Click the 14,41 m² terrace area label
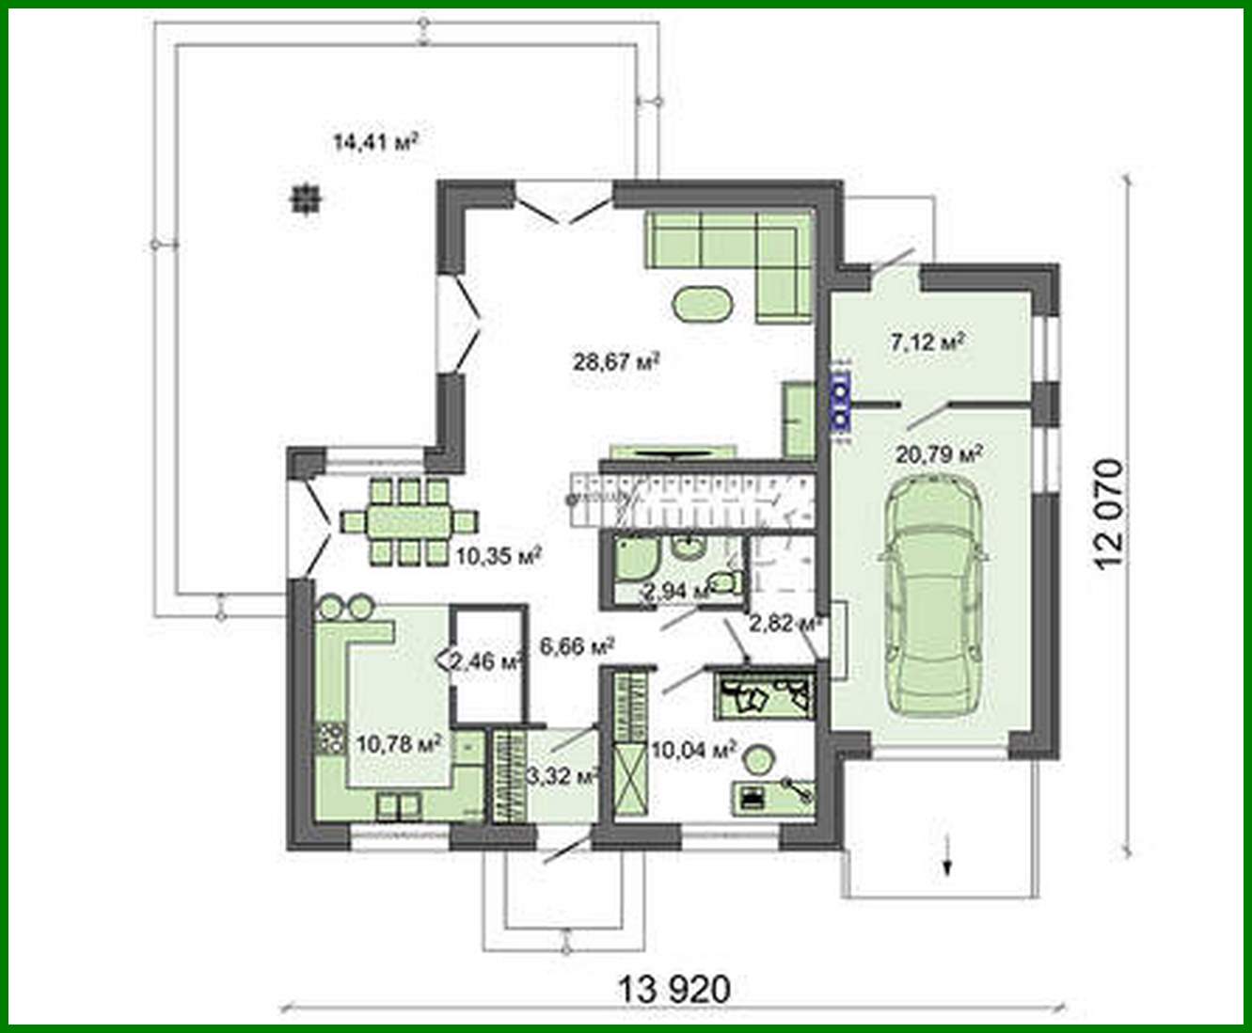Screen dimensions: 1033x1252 click(374, 142)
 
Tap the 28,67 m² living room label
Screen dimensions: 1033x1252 click(615, 359)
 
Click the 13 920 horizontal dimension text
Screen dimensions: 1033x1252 click(674, 989)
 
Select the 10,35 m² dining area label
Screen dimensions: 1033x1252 click(498, 556)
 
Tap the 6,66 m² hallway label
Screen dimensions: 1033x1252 click(578, 646)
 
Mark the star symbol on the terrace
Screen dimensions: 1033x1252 click(306, 199)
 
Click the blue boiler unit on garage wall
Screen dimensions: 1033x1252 click(839, 402)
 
